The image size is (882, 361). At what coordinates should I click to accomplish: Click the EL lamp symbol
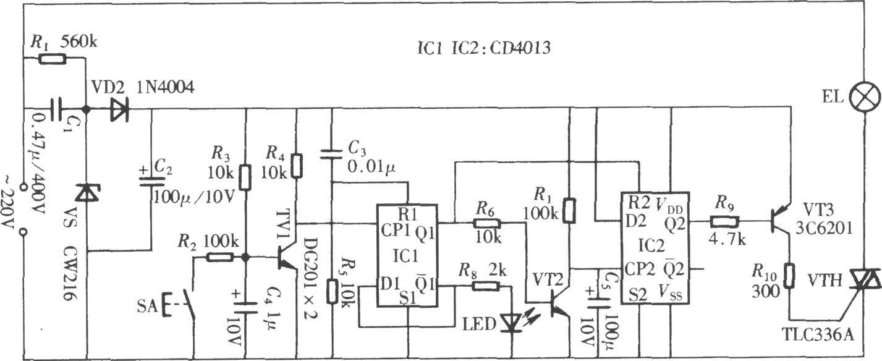pyautogui.click(x=865, y=98)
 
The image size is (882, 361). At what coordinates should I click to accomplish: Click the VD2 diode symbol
pyautogui.click(x=120, y=109)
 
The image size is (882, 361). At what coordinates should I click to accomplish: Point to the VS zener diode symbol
pyautogui.click(x=87, y=193)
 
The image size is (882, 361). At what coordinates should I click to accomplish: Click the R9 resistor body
pyautogui.click(x=724, y=222)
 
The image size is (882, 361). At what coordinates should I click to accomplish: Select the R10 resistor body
pyautogui.click(x=789, y=276)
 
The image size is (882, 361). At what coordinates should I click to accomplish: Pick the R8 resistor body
pyautogui.click(x=485, y=286)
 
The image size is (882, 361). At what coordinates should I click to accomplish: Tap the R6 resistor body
pyautogui.click(x=487, y=223)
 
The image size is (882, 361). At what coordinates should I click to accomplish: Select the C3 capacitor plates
pyautogui.click(x=331, y=154)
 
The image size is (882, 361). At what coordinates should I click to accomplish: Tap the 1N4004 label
pyautogui.click(x=166, y=87)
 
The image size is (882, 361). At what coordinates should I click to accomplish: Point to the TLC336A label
pyautogui.click(x=817, y=334)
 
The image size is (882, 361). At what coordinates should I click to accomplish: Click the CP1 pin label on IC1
pyautogui.click(x=396, y=230)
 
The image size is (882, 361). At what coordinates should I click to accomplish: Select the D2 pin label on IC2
pyautogui.click(x=635, y=222)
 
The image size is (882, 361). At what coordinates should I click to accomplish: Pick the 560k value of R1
pyautogui.click(x=78, y=41)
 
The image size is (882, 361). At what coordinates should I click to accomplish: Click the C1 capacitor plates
pyautogui.click(x=57, y=109)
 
